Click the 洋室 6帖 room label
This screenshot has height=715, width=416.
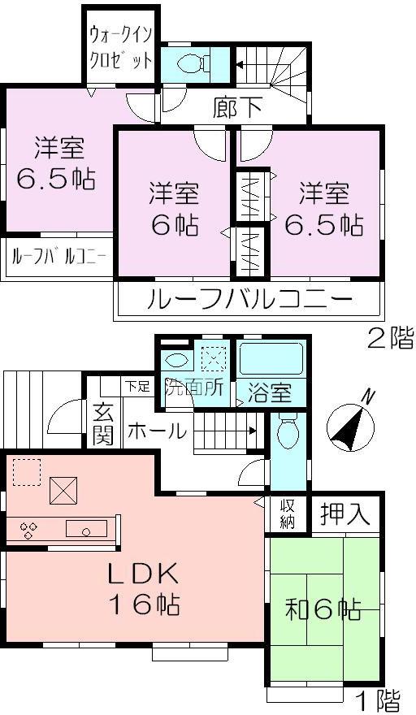coord(173,209)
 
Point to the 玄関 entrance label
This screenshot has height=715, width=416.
coord(102,425)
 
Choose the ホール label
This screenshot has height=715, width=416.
coord(157,431)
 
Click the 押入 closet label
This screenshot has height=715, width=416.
coord(345,513)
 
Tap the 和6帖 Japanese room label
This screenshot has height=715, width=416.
coord(323,609)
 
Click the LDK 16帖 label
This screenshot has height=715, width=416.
coord(144,588)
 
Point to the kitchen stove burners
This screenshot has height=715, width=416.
coord(29,530)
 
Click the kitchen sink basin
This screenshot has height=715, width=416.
coord(84,531)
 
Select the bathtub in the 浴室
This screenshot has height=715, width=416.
coord(270,357)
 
